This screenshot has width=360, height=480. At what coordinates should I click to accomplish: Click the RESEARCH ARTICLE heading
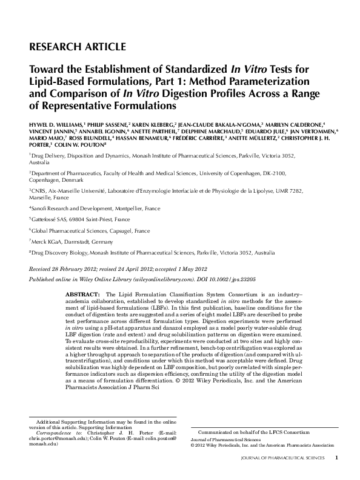[x=78, y=47]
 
